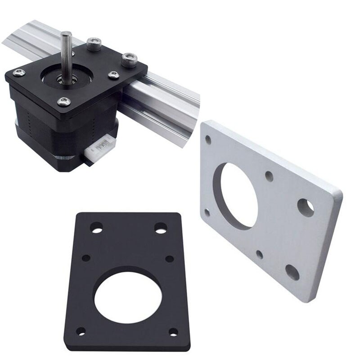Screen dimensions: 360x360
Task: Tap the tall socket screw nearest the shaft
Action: coord(94,44)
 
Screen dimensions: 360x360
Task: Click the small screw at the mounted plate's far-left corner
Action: coord(18,72)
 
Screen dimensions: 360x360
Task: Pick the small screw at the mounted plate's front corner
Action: coord(64,102)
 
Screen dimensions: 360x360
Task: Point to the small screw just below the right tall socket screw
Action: coord(113,75)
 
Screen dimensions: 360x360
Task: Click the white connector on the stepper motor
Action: coord(100,150)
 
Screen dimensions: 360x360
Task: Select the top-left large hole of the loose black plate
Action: coord(96,228)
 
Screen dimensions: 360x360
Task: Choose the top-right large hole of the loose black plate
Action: coord(161,228)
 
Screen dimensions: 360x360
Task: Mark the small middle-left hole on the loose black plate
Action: coord(86,258)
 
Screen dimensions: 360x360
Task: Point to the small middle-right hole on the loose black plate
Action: coord(170,259)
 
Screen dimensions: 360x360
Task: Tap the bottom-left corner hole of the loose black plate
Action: coord(81,331)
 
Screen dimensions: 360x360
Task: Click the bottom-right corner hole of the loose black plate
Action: coord(173,332)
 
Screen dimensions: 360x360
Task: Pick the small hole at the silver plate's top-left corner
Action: coord(208,140)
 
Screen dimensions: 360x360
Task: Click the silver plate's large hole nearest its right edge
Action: coord(306,207)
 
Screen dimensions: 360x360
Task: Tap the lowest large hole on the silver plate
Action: coord(292,271)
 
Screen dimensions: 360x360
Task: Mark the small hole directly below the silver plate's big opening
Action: coord(260,254)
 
